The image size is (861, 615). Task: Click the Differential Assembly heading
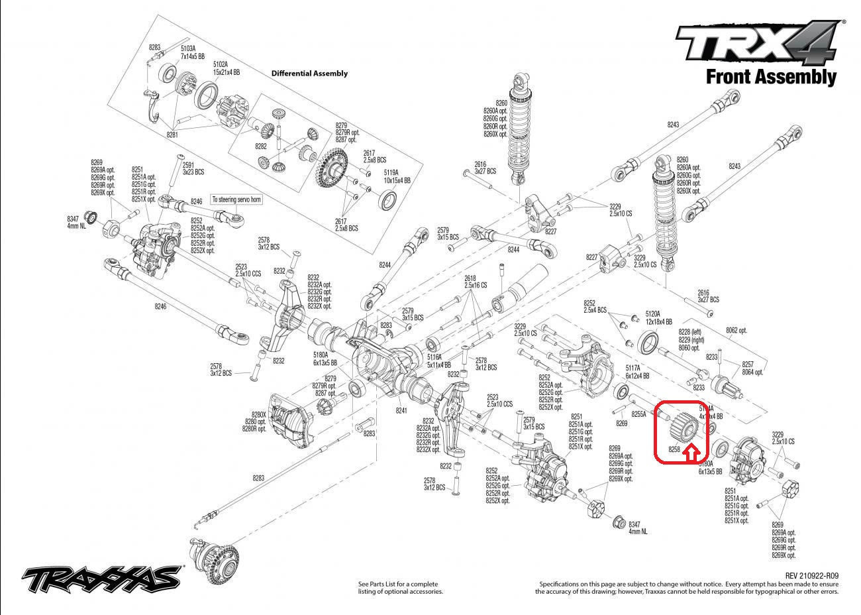tap(309, 74)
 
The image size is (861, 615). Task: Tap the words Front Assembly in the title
tap(771, 77)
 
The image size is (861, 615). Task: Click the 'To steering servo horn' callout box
tap(236, 199)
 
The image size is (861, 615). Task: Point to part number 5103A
tap(189, 48)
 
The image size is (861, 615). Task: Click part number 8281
tap(173, 135)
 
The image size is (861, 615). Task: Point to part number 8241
tap(401, 411)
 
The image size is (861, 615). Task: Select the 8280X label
tap(258, 415)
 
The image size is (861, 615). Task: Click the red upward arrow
tap(690, 453)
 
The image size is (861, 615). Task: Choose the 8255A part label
tap(638, 414)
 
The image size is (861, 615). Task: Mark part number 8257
tap(748, 364)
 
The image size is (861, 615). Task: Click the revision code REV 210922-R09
tap(811, 576)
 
